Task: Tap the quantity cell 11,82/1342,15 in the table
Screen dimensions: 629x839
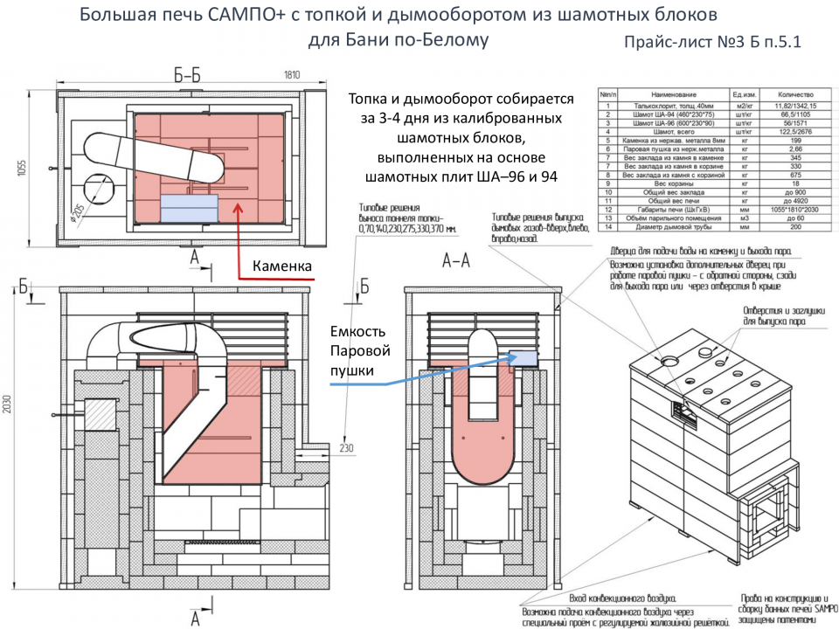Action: (x=795, y=104)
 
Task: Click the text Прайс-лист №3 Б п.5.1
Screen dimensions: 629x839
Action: (x=713, y=42)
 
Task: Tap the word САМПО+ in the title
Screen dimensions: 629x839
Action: (x=259, y=15)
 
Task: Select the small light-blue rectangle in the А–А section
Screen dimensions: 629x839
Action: (x=523, y=356)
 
